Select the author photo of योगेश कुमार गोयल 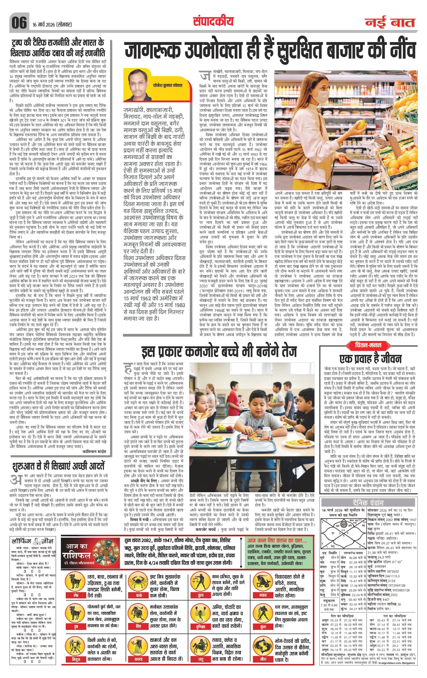139,86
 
